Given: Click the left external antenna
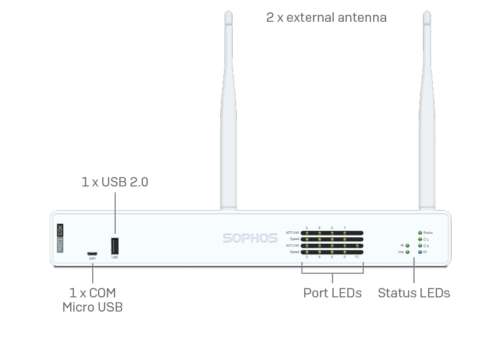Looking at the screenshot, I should (x=228, y=118).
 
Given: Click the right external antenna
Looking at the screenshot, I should (x=426, y=118).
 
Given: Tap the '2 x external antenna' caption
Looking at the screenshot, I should (x=327, y=18).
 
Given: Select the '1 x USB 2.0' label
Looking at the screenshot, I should (x=115, y=182).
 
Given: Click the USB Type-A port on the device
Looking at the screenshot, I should (x=115, y=246).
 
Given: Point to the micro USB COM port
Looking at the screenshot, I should (x=92, y=254).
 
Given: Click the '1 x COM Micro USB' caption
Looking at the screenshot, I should (x=93, y=300).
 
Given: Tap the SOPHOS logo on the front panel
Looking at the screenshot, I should (x=250, y=238).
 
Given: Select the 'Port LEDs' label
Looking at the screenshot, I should (x=333, y=293).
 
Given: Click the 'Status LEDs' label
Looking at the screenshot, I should (x=413, y=293).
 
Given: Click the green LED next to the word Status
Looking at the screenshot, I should (x=420, y=233).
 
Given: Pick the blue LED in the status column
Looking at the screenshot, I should (x=420, y=252).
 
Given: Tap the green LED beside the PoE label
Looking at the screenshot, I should (x=408, y=252).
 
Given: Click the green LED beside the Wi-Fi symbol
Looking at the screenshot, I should (x=408, y=246).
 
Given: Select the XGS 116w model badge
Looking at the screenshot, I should (x=60, y=238).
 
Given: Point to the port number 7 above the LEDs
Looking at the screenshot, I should (x=344, y=228).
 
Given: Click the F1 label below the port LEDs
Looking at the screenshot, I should (x=357, y=257).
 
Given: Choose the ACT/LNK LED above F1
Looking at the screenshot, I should (x=357, y=246).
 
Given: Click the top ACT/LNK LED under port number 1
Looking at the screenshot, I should (x=307, y=233).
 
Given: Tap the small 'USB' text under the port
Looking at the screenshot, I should (x=115, y=258).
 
